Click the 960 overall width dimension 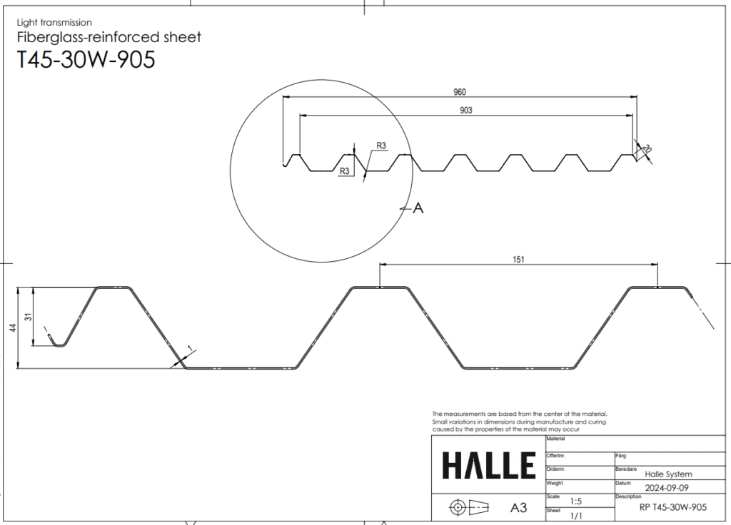(460, 92)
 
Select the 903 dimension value (465, 111)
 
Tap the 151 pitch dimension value (518, 260)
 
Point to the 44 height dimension (14, 328)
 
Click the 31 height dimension (29, 317)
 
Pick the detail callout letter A (418, 208)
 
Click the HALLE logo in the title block (488, 465)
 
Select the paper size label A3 (518, 507)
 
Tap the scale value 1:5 (576, 501)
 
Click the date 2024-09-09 (667, 488)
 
